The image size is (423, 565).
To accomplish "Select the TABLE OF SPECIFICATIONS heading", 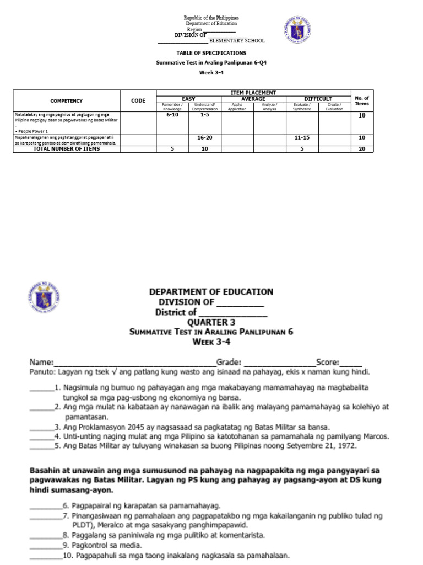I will (x=211, y=53).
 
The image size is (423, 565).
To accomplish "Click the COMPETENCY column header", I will (x=66, y=101).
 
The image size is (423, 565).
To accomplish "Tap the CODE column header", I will (x=138, y=101).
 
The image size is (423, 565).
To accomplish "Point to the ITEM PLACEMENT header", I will (x=253, y=93).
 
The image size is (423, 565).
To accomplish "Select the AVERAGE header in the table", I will (x=253, y=99).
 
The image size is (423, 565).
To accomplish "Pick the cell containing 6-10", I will (x=172, y=115).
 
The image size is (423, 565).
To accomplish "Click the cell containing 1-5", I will (x=204, y=115).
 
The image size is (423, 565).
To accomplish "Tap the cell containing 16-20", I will (x=204, y=136).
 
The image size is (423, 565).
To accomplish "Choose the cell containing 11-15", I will (x=302, y=136).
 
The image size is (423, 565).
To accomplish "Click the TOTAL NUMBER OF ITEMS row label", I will (x=66, y=149).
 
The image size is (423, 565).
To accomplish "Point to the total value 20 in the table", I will (x=362, y=149).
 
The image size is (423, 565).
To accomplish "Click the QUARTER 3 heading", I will (x=211, y=322).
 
